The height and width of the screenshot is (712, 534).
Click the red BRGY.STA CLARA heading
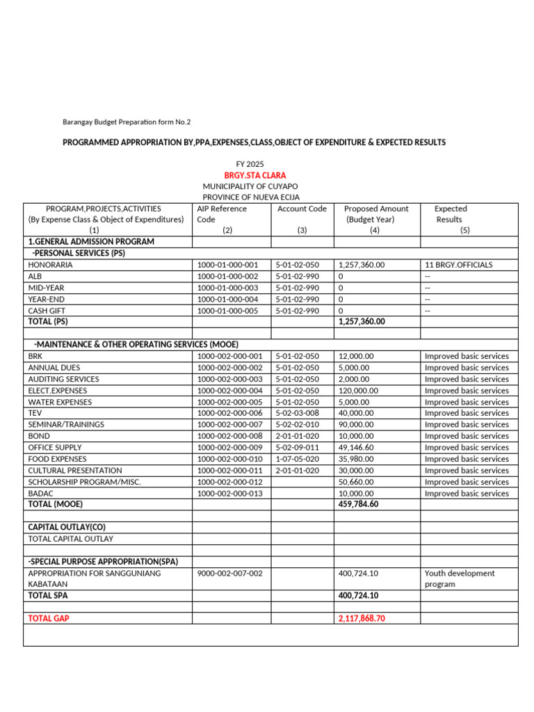254,175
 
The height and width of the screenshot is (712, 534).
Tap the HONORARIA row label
50,265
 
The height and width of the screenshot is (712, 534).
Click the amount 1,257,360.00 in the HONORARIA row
362,265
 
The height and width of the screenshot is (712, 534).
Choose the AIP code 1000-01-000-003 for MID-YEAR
227,288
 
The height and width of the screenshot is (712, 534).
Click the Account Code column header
302,209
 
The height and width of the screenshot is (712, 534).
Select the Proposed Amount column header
375,209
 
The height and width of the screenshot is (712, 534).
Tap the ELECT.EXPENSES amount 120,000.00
358,391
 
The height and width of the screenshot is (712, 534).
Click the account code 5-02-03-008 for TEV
297,413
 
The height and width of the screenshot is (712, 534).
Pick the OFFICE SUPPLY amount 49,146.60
356,448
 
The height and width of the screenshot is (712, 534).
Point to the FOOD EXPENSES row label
58,459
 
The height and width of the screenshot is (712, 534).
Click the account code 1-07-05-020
297,459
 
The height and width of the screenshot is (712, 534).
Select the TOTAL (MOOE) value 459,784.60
358,505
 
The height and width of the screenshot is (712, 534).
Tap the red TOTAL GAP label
49,618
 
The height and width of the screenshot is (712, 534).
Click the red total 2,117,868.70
362,618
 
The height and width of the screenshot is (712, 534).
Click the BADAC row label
41,494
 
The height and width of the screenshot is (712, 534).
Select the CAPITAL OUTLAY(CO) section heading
67,527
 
